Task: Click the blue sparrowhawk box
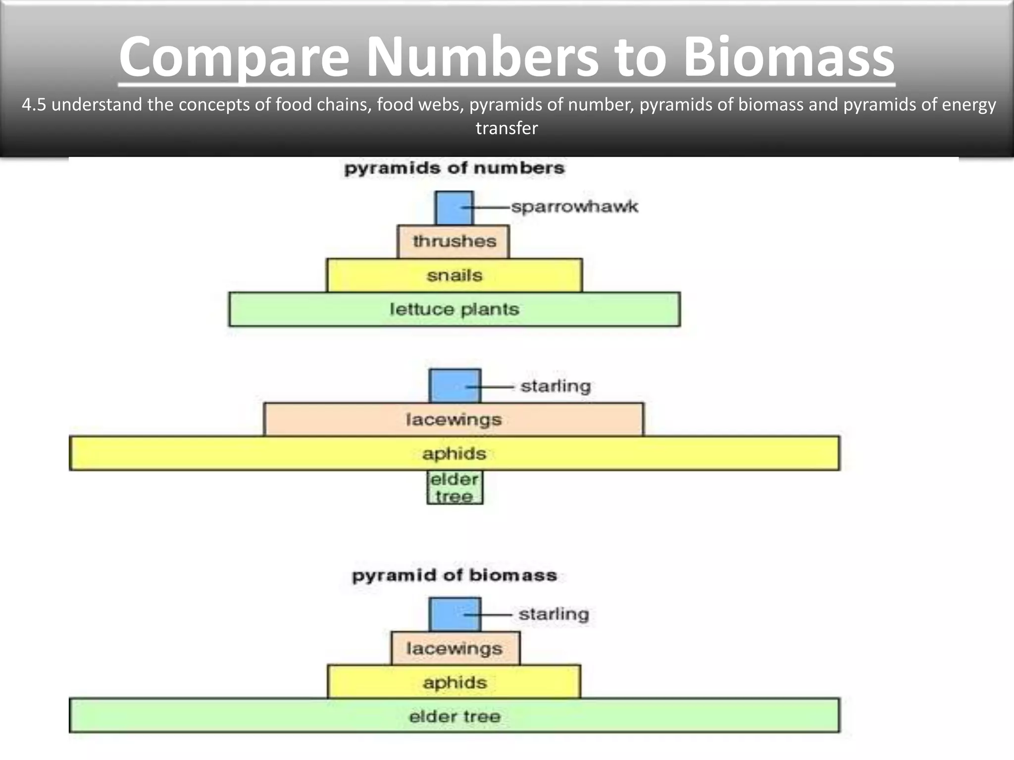(x=454, y=208)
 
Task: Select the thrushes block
(x=453, y=241)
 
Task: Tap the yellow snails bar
(x=454, y=275)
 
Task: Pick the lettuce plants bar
(x=454, y=309)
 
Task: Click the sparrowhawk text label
(x=574, y=207)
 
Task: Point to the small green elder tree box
(x=455, y=487)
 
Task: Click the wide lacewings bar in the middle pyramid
(x=454, y=420)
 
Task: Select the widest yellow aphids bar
(x=454, y=453)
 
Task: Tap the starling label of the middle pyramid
(x=556, y=386)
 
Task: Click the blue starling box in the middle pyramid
(x=455, y=385)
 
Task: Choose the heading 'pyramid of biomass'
(x=454, y=575)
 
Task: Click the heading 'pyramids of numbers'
(x=454, y=168)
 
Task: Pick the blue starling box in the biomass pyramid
(x=455, y=614)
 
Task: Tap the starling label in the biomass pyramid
(x=554, y=614)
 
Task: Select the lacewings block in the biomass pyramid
(x=455, y=648)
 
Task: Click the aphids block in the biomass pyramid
(x=454, y=682)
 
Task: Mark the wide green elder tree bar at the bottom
(x=454, y=716)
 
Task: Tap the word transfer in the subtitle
(x=507, y=128)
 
